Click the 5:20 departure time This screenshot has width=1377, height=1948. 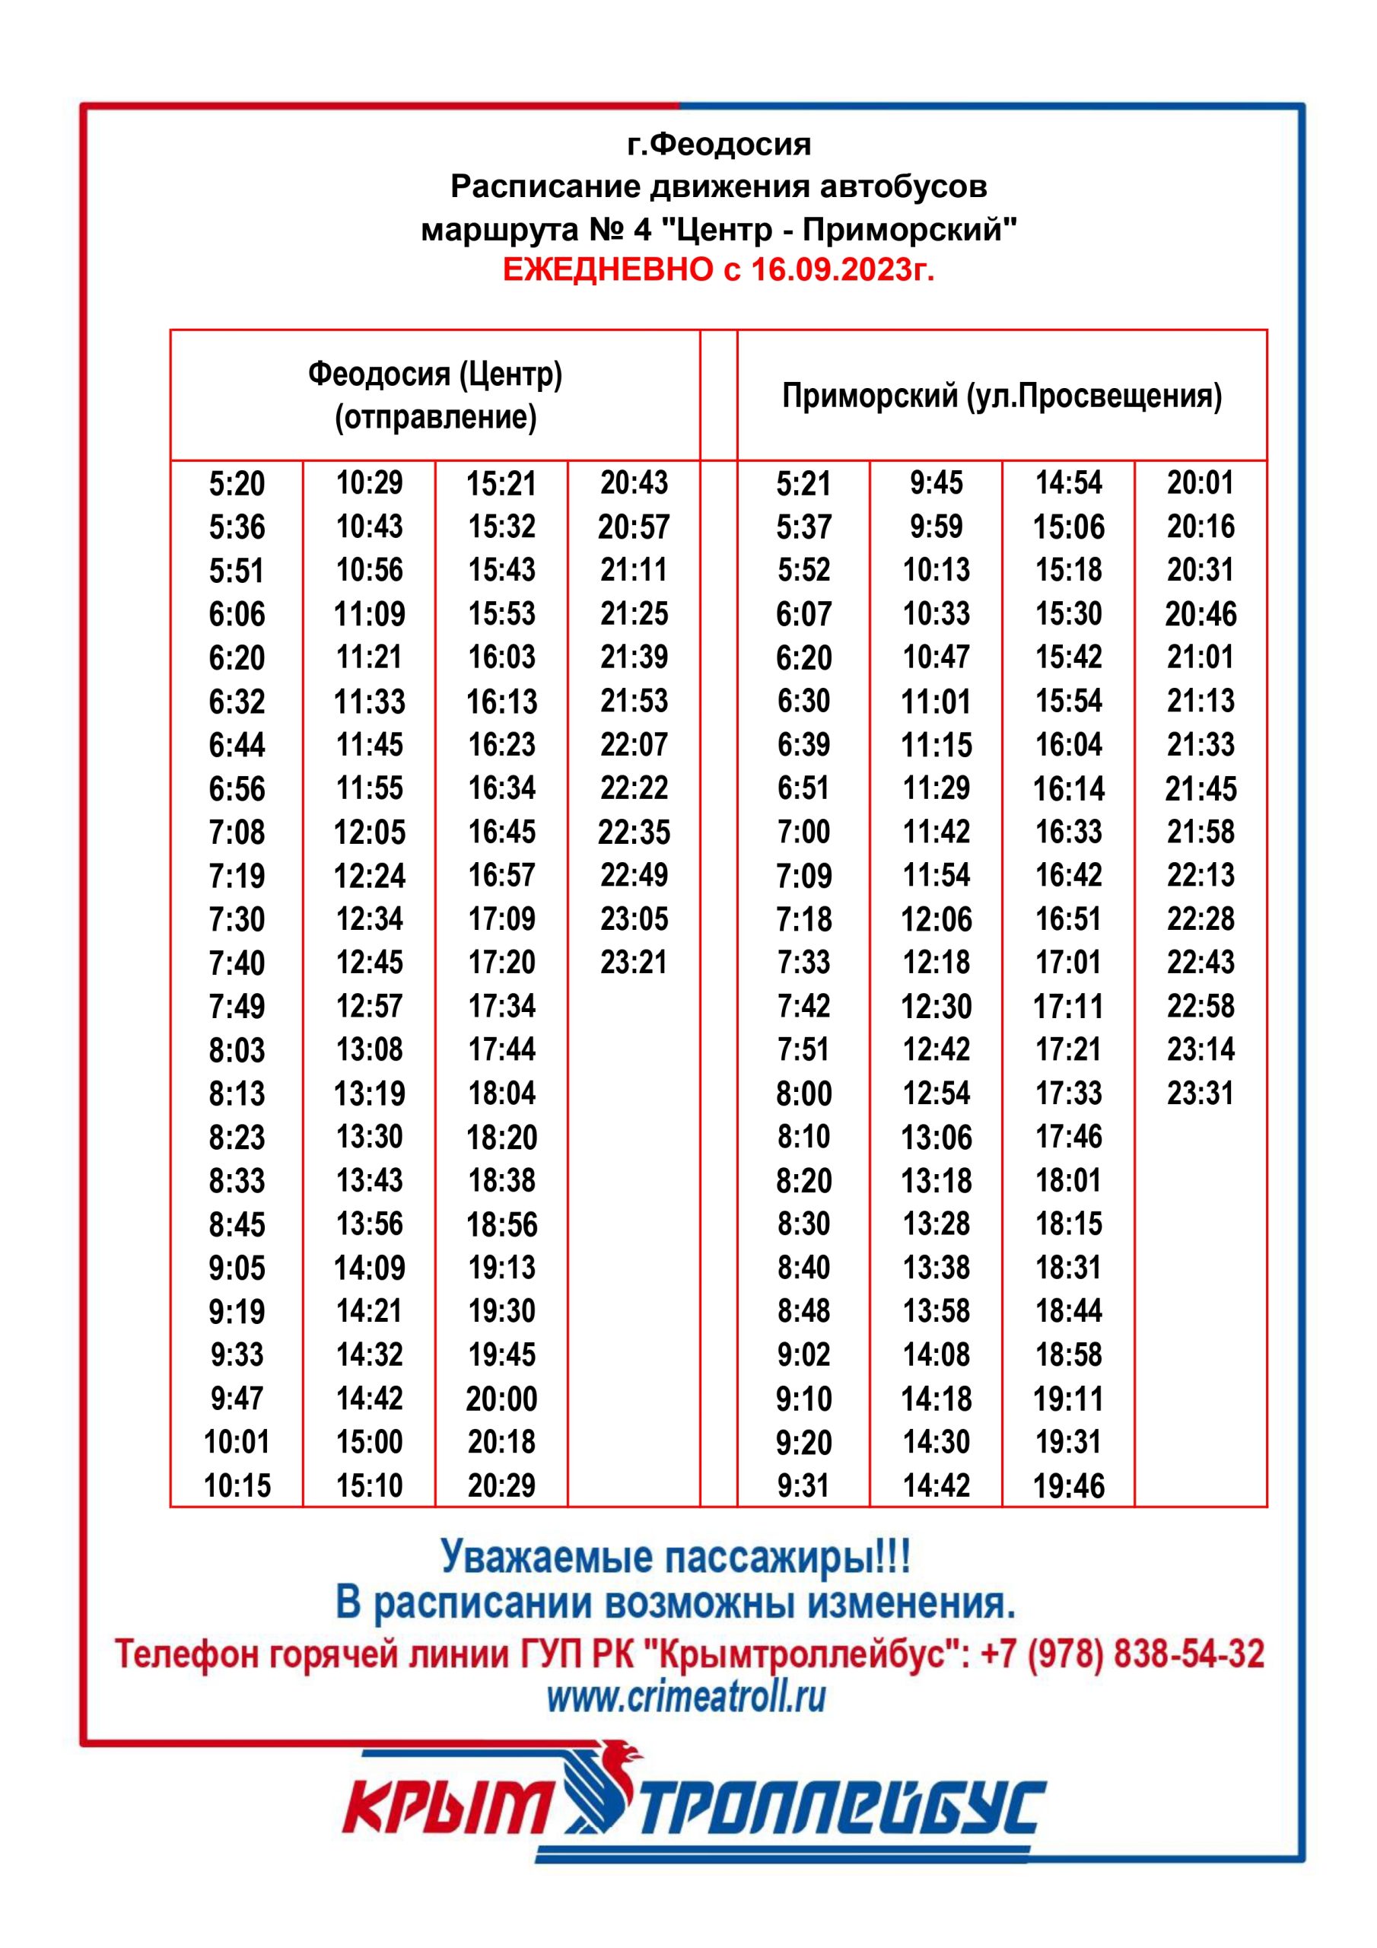(x=237, y=484)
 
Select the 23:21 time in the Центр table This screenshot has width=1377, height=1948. (x=634, y=962)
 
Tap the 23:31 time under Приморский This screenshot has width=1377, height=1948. (x=1200, y=1093)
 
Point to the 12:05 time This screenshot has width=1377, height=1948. (x=369, y=832)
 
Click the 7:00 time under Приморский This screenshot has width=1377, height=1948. (x=803, y=832)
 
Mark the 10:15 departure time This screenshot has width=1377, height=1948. (x=237, y=1485)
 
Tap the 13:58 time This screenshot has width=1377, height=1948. (x=936, y=1311)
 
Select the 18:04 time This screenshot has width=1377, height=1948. (x=501, y=1093)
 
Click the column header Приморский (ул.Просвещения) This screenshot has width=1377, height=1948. (x=1002, y=396)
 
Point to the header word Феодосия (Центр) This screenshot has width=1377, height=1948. (x=434, y=374)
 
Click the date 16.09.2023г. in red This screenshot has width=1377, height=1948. (x=842, y=270)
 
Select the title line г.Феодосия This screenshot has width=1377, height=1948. (x=719, y=145)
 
